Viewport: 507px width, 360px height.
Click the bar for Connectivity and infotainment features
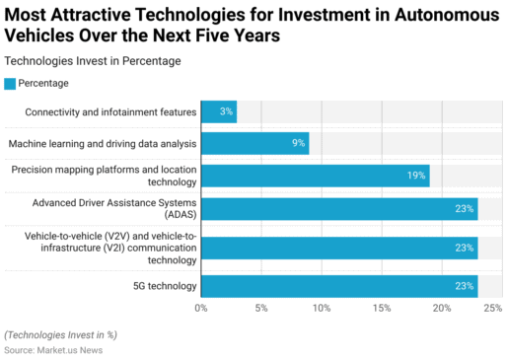point(218,111)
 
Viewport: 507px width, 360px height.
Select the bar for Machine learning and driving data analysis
point(254,144)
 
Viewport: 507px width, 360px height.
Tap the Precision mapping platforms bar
point(315,176)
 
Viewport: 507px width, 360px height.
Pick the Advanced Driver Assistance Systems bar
point(339,208)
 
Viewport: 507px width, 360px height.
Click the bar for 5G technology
point(339,286)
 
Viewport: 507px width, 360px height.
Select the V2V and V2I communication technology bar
point(339,248)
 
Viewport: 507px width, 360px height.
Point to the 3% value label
point(227,111)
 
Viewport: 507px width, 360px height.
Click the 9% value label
point(298,144)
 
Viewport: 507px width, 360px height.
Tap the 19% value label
point(416,176)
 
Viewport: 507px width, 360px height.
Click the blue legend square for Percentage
point(11,83)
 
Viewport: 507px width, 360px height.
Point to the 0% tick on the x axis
point(201,309)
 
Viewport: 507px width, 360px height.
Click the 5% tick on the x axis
point(261,309)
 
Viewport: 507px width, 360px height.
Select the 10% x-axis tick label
point(322,309)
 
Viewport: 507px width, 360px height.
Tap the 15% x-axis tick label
point(382,309)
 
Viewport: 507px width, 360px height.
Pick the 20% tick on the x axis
point(442,309)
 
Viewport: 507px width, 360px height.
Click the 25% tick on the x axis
point(493,309)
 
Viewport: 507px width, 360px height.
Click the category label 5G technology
point(159,286)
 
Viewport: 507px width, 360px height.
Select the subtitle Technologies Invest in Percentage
point(93,61)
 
